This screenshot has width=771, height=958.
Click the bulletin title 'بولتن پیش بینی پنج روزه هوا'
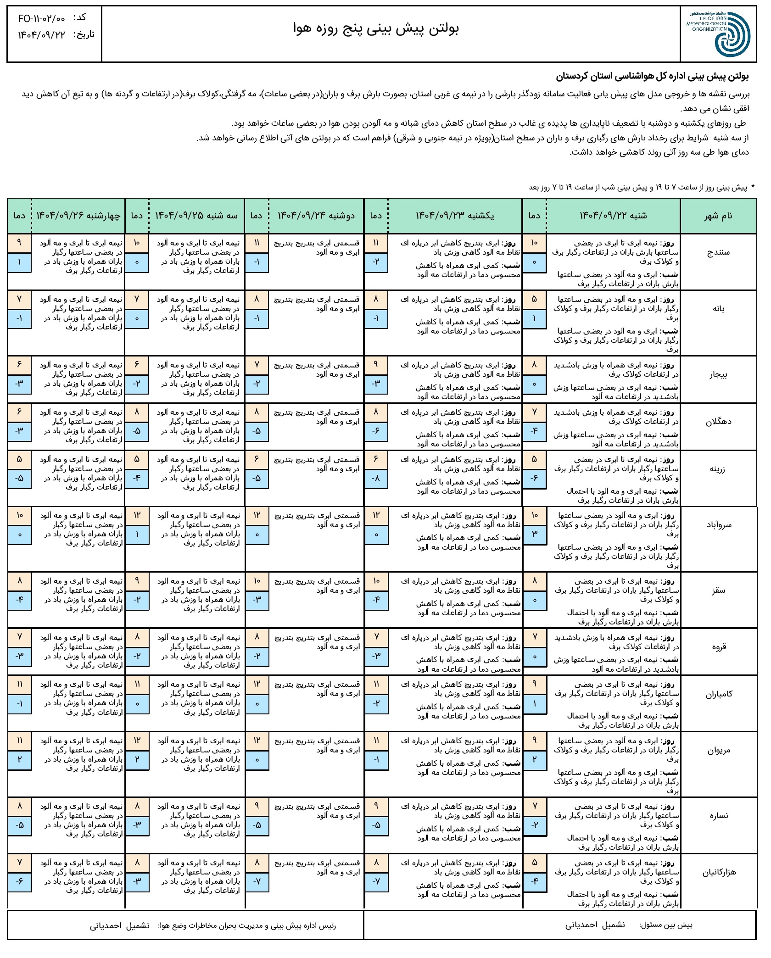[x=376, y=28]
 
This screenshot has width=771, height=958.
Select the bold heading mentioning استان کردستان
[x=653, y=76]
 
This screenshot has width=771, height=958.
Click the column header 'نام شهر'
[x=718, y=216]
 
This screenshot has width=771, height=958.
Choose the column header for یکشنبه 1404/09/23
[x=455, y=216]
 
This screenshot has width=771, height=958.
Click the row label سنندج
[x=718, y=253]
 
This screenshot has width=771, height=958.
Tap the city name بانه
[x=718, y=309]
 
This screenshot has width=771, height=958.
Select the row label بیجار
[x=718, y=374]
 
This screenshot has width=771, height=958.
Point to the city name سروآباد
[x=718, y=525]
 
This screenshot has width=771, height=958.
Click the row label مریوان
[x=718, y=751]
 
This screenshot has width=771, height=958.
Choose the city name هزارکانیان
[x=718, y=873]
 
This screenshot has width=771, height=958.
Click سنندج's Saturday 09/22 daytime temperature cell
[x=534, y=243]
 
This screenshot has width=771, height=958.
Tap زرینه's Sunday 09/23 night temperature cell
[x=376, y=479]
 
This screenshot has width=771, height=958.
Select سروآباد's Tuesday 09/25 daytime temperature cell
[x=137, y=516]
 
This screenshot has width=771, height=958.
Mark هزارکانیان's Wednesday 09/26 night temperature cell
[x=20, y=882]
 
